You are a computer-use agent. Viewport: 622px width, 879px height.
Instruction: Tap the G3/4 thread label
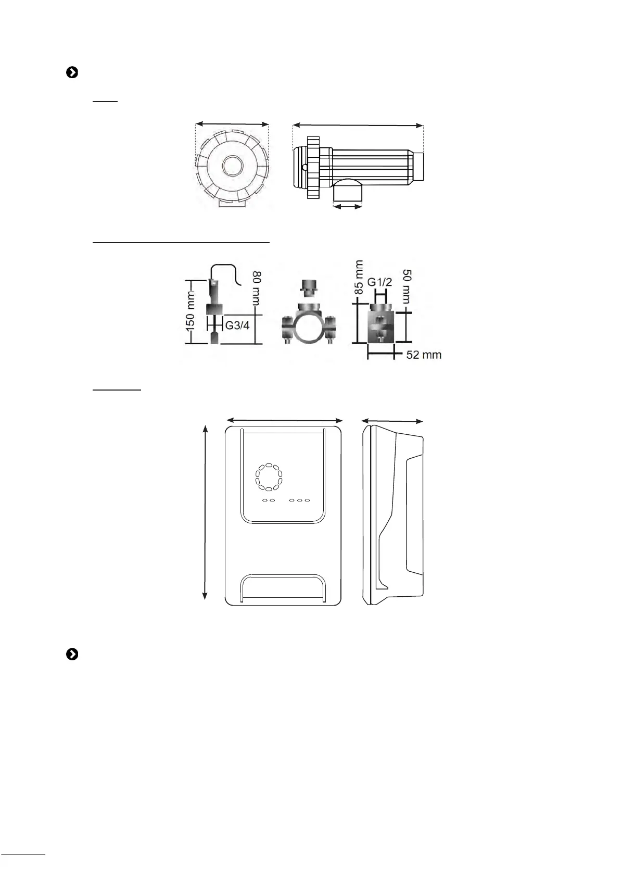coord(237,325)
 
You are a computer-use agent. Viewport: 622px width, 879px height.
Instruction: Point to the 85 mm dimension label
coord(359,277)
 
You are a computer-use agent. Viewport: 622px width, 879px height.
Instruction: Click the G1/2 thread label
coord(379,282)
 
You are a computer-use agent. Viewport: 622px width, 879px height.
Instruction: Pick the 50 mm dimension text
coord(407,286)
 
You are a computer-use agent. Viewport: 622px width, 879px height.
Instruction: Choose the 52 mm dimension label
coord(424,355)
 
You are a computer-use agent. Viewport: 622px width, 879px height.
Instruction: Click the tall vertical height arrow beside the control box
coord(205,513)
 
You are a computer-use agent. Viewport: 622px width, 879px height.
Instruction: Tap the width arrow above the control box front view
coord(285,420)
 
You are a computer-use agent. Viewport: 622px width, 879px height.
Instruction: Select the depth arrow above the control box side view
coord(392,421)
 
